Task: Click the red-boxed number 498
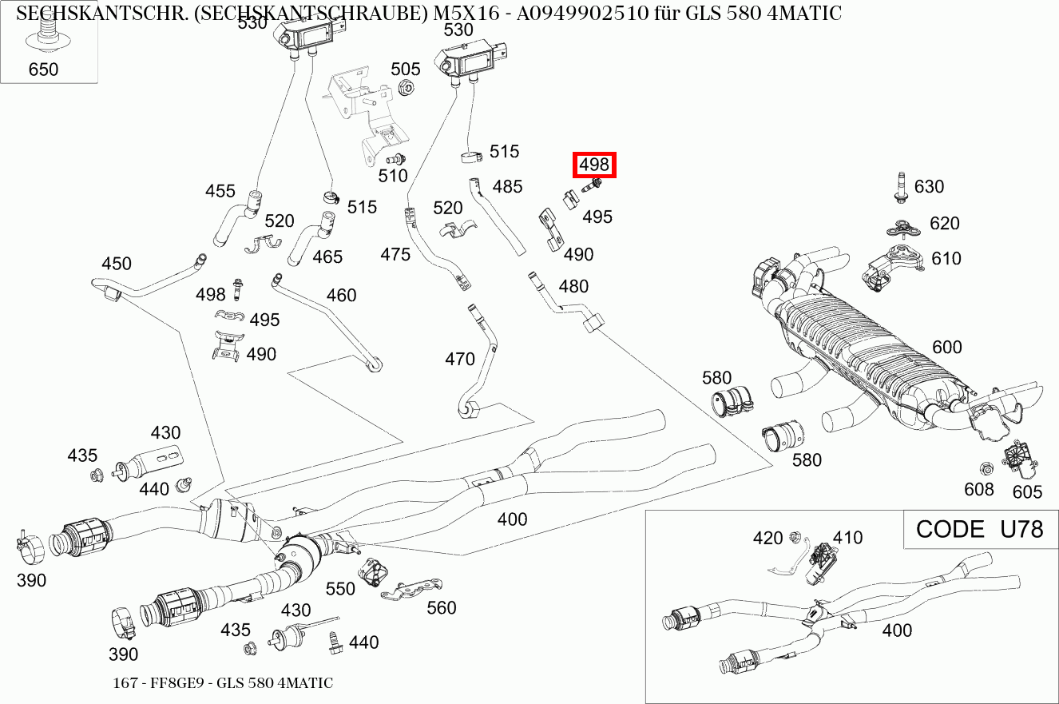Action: point(595,165)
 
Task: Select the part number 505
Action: point(406,70)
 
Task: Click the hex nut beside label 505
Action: point(404,88)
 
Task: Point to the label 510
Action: point(393,176)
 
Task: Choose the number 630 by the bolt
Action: point(929,187)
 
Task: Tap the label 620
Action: point(944,224)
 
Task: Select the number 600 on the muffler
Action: point(947,348)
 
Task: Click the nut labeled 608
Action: point(984,467)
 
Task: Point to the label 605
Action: point(1027,491)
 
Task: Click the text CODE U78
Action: point(980,529)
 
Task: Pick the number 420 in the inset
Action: point(767,539)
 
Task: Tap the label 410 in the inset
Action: point(848,538)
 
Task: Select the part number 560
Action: point(442,608)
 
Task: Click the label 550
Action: point(340,589)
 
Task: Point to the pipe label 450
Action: point(116,264)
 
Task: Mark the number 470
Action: point(460,360)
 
